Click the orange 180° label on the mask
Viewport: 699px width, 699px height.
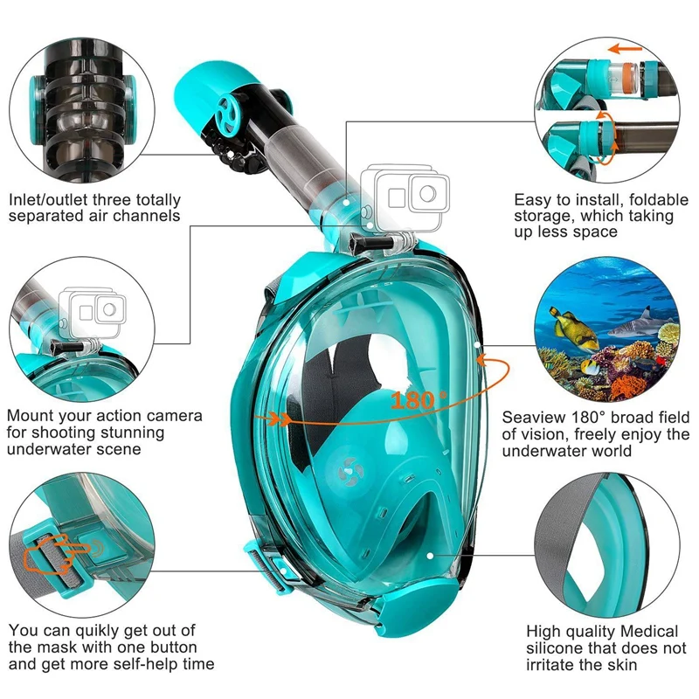point(419,400)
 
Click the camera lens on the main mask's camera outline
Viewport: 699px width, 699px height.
point(427,194)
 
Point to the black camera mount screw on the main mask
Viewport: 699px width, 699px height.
point(374,241)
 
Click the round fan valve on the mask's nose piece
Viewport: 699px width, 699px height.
point(350,471)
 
